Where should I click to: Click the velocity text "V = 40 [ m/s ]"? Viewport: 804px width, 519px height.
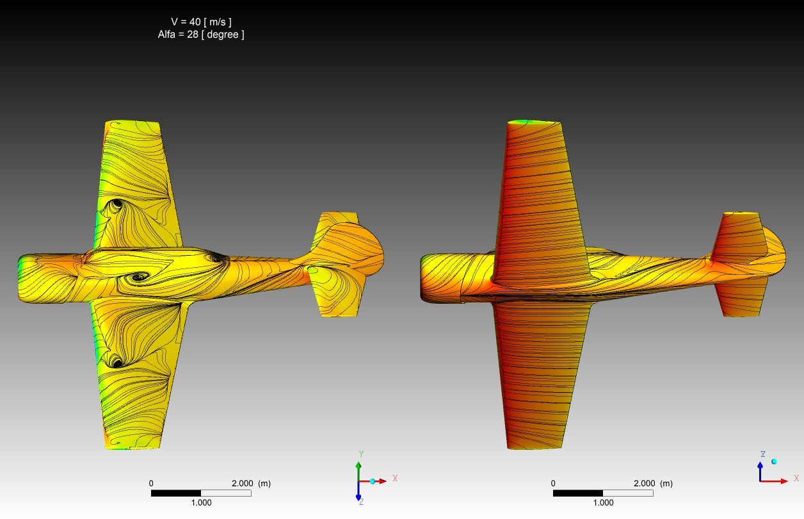202,22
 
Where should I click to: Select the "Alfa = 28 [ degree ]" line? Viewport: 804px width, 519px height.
201,35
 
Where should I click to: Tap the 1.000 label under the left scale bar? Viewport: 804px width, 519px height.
201,502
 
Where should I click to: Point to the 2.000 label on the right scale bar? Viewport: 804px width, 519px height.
644,484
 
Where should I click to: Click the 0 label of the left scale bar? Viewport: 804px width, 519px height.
151,484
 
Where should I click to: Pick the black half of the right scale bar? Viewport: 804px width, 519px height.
578,493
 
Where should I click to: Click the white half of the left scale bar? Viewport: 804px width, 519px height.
226,493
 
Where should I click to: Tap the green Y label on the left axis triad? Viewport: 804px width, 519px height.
362,454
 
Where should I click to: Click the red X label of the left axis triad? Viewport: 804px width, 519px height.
395,478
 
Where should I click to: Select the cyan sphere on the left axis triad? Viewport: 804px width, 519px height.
373,481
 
